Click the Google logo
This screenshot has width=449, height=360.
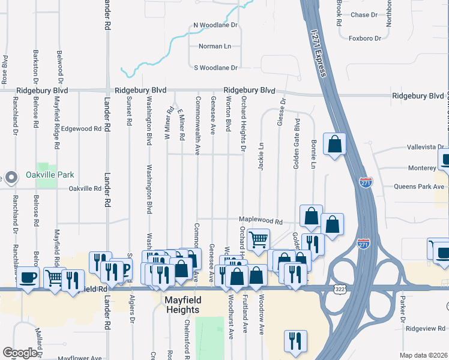point(20,353)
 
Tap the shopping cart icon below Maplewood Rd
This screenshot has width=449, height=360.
point(258,238)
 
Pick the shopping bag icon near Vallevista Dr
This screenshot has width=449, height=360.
point(335,144)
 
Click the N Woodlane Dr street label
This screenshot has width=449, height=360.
point(216,26)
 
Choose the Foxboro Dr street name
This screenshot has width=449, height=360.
point(365,38)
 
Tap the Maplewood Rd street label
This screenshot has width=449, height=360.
point(261,221)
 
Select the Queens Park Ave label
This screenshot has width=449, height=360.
point(419,187)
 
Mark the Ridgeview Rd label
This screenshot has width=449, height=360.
point(426,328)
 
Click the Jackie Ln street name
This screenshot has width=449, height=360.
point(261,156)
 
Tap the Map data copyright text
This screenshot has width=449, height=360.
point(424,355)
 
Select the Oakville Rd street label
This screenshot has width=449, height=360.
point(85,188)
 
